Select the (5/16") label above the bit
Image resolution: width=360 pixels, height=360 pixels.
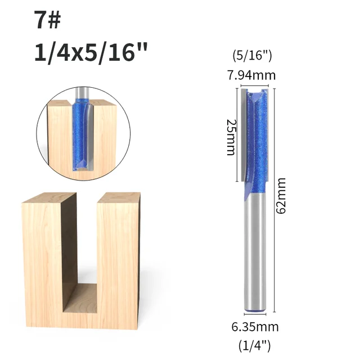(x=253, y=56)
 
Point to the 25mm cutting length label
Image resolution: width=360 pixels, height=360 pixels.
(x=230, y=137)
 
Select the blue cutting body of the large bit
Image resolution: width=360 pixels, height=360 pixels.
(x=257, y=141)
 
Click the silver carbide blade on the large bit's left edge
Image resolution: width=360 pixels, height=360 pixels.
(x=242, y=135)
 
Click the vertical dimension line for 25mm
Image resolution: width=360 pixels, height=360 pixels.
(x=237, y=135)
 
